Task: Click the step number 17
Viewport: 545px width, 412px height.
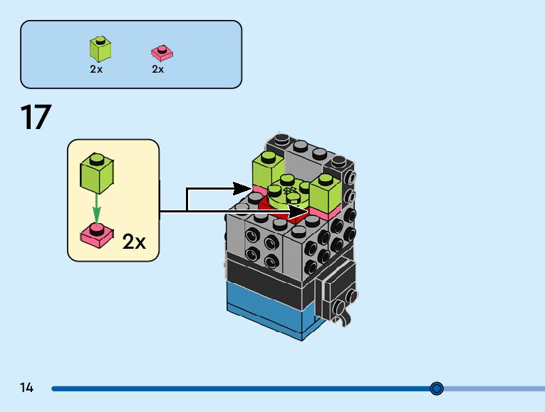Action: point(36,118)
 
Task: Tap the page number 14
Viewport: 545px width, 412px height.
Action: point(27,388)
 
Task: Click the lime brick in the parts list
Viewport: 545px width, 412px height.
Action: point(100,49)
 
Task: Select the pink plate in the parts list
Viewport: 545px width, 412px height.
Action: point(162,53)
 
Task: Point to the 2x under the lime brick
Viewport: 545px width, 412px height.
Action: point(96,70)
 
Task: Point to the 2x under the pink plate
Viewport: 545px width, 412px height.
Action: point(158,70)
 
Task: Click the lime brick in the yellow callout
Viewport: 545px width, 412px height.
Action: point(97,173)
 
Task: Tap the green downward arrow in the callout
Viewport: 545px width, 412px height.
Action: point(97,210)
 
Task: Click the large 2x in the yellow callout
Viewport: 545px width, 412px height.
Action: point(134,242)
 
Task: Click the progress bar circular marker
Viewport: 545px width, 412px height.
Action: point(437,388)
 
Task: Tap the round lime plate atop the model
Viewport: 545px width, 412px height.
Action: point(288,192)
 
